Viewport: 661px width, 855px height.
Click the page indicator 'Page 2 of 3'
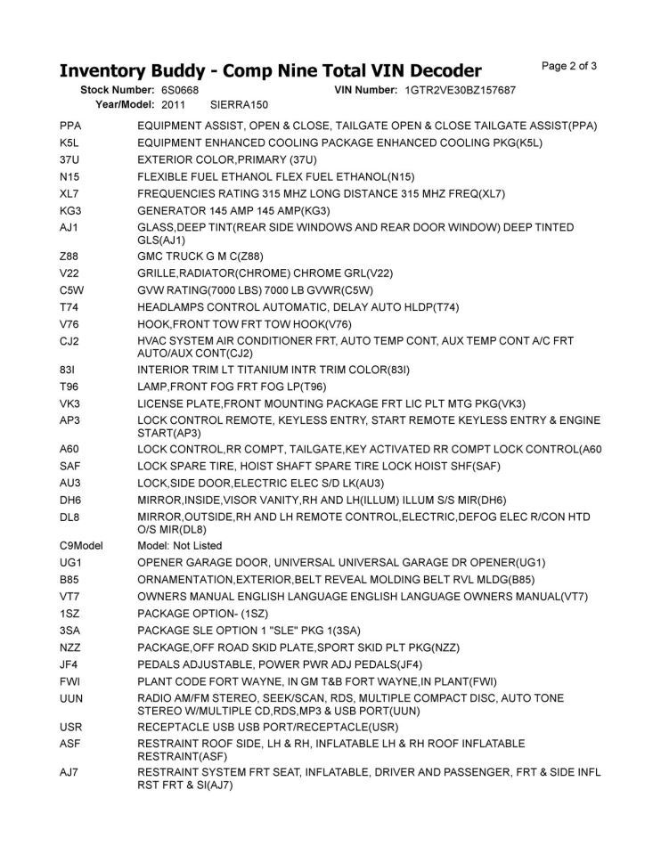568,65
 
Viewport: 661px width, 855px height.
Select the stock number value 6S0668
180,91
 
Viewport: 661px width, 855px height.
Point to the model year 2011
174,104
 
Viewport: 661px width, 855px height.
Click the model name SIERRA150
239,104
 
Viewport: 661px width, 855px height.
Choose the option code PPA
70,126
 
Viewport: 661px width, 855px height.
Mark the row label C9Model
79,545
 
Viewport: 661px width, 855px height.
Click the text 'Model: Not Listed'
180,545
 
